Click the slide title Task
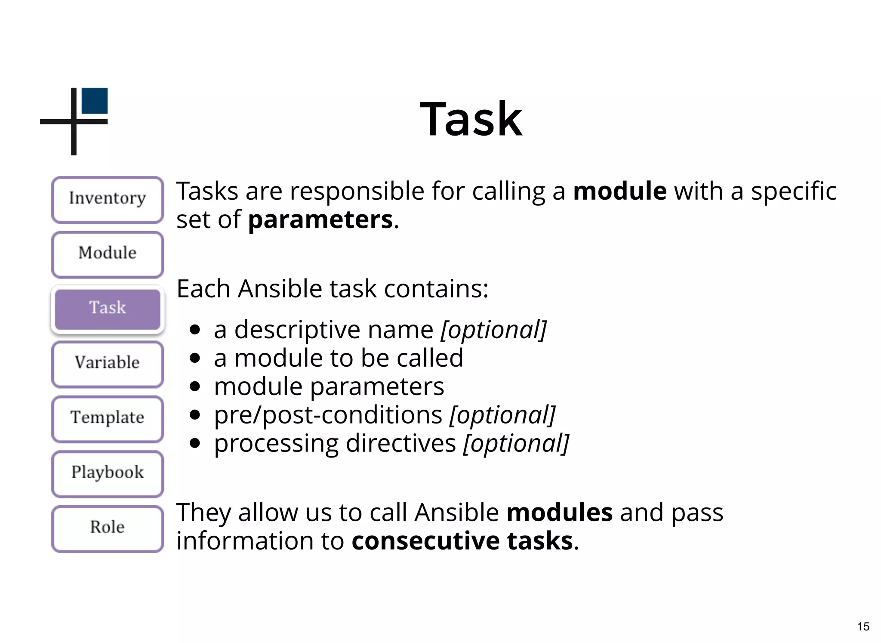coord(471,119)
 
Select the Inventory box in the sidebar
coord(108,199)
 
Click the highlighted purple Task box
coord(108,309)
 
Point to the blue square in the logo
coord(95,101)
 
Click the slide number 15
coord(863,627)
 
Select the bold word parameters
coord(320,220)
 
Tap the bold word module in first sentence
coord(620,192)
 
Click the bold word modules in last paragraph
coord(559,513)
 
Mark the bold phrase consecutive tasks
coord(462,541)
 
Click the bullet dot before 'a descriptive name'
coord(195,330)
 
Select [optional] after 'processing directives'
coord(516,444)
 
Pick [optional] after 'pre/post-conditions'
coord(502,415)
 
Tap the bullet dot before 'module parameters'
coord(195,386)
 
